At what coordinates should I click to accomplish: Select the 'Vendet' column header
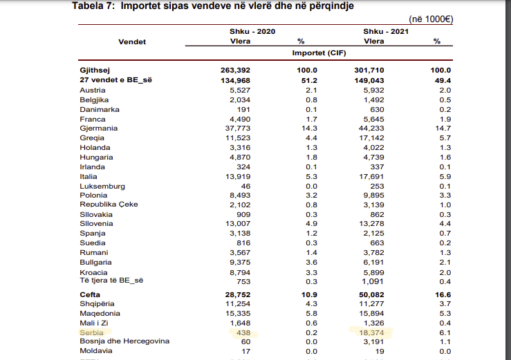(132, 41)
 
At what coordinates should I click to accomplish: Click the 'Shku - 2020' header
(252, 32)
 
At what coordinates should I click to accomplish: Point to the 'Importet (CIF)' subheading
(319, 53)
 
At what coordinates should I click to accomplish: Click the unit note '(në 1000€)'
(431, 19)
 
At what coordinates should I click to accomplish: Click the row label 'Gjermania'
(99, 129)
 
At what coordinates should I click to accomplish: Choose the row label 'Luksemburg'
(102, 187)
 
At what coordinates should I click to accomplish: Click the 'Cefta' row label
(91, 294)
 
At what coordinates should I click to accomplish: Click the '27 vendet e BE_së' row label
(116, 80)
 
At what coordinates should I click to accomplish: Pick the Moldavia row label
(97, 351)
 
